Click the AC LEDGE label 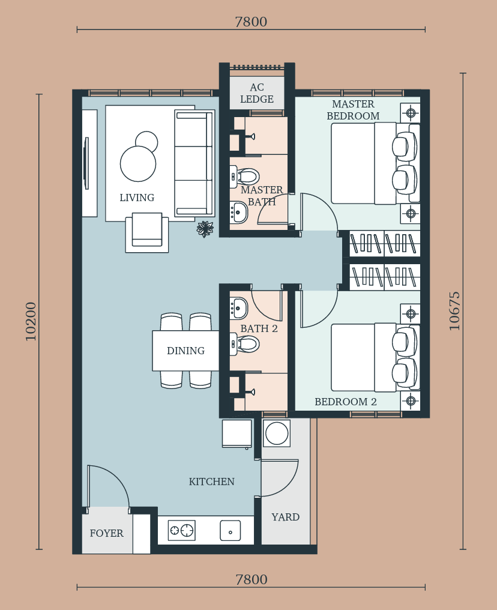click(257, 93)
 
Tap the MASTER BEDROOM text click(353, 110)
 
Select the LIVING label click(137, 198)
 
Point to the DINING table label click(185, 351)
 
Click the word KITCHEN click(211, 482)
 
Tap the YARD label click(286, 517)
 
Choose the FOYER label click(107, 533)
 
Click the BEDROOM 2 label click(346, 402)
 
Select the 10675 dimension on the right click(454, 311)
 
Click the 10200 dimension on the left click(31, 321)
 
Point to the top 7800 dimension click(251, 22)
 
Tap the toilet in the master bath click(244, 177)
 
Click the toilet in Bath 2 click(244, 344)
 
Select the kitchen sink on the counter click(230, 531)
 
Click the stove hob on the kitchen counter click(182, 530)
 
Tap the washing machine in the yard click(277, 433)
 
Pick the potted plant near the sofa click(205, 229)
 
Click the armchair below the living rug click(147, 232)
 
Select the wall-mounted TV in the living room click(86, 163)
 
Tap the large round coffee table click(138, 164)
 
